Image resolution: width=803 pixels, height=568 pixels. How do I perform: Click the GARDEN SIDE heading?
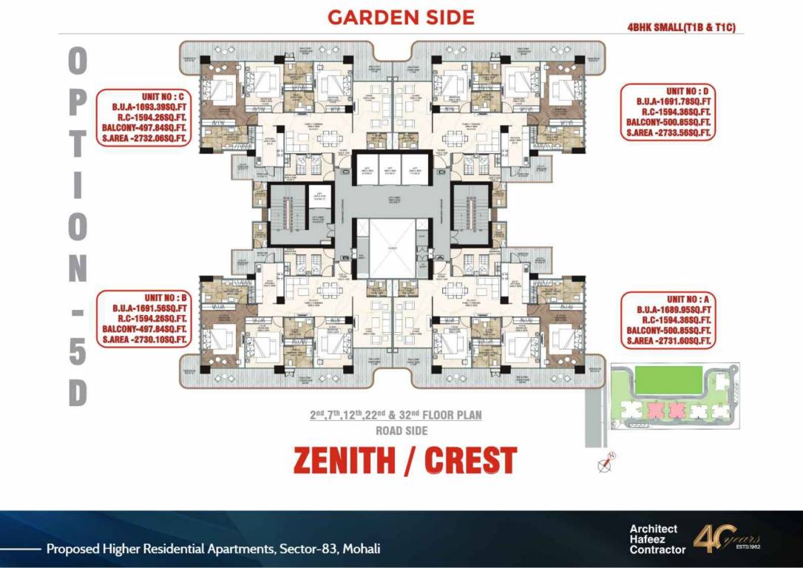point(401,17)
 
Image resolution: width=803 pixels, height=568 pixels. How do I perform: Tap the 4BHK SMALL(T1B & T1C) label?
point(685,28)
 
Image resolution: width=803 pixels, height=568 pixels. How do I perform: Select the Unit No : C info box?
point(143,117)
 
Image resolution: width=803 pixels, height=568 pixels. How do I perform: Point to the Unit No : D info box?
point(668,112)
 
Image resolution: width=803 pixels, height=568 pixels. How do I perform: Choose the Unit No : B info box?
point(143,318)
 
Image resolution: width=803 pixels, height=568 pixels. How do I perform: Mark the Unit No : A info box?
point(668,319)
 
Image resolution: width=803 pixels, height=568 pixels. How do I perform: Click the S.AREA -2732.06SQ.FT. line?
point(143,138)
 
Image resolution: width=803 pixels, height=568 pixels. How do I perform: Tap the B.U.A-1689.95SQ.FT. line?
point(668,308)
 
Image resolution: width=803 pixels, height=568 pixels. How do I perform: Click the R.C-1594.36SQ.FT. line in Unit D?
point(669,112)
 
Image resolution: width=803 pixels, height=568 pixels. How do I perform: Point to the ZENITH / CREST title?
point(404,460)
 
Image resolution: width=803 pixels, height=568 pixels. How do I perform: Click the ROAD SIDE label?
point(402,430)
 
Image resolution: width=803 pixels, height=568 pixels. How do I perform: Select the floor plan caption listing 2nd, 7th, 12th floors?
point(396,416)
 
